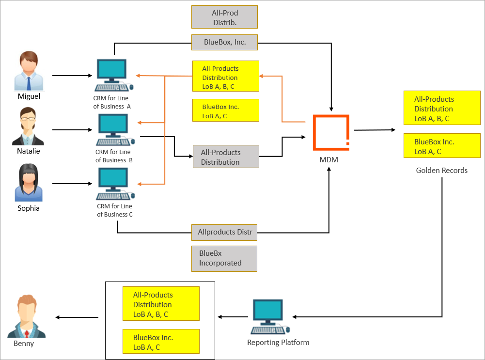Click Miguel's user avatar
tap(29, 72)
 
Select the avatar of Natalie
tap(28, 126)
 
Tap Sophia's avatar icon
tap(29, 183)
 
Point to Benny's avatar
tap(27, 317)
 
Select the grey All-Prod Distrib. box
tap(224, 17)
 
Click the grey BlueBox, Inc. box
tap(224, 42)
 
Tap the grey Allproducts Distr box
tap(224, 233)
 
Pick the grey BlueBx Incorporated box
tap(224, 258)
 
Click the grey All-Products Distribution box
tap(226, 157)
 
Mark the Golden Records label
tap(441, 171)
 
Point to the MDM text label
tap(329, 159)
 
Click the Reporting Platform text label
tap(278, 343)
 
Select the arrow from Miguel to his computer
tap(72, 76)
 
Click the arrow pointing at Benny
tap(78, 318)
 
